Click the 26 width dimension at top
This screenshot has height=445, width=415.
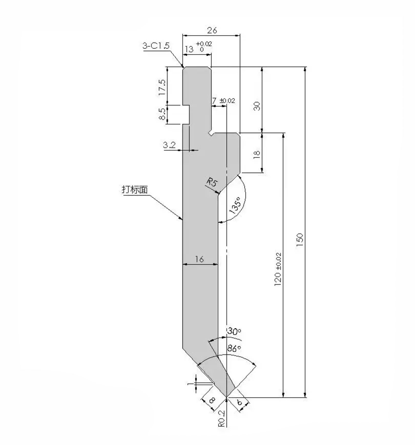pos(212,30)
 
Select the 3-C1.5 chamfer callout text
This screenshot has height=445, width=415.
pos(156,46)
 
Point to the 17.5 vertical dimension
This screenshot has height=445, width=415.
pos(162,87)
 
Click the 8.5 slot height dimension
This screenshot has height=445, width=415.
pos(162,114)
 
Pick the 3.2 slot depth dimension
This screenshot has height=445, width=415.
pos(169,145)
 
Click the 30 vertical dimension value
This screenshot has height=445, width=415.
pos(257,106)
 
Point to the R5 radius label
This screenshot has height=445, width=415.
pos(212,183)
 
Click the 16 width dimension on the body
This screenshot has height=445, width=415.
pos(199,259)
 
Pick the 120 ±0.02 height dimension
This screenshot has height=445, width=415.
pos(278,269)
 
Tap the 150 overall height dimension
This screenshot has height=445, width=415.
pos(300,239)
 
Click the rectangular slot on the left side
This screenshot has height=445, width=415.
pos(186,114)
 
